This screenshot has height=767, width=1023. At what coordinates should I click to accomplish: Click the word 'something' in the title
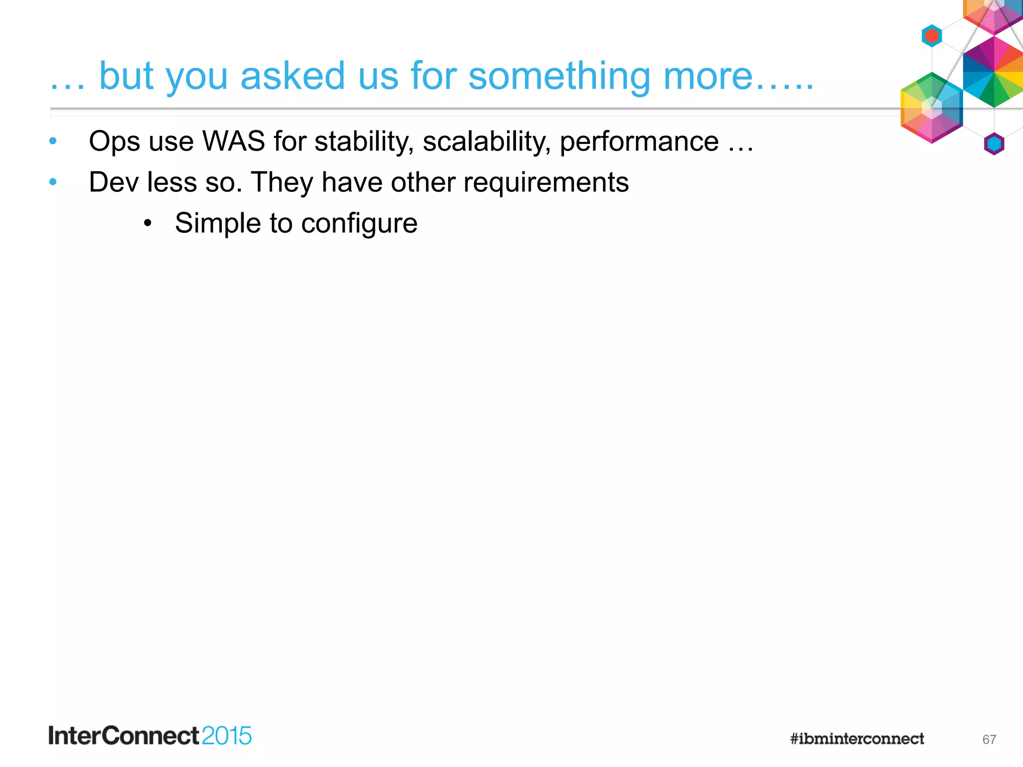pos(559,76)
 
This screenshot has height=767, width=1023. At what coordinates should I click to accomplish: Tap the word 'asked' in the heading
pos(292,76)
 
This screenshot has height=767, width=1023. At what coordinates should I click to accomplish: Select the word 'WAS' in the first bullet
pos(233,141)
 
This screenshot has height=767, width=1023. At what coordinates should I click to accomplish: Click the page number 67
pos(989,740)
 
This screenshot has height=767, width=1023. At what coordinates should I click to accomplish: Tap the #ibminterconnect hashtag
pos(857,739)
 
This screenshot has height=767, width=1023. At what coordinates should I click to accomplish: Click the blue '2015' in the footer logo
pos(226,736)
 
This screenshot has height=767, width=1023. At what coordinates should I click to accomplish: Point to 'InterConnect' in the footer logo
pos(124,736)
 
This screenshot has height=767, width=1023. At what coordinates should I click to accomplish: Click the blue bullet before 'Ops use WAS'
pos(53,141)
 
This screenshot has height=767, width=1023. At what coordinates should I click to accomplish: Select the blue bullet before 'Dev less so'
pos(53,182)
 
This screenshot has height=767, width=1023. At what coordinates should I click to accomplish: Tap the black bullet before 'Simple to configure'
pos(147,223)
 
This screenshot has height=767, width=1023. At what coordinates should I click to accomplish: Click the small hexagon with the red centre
pos(932,36)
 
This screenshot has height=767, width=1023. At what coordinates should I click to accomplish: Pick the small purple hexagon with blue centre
pos(994,144)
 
